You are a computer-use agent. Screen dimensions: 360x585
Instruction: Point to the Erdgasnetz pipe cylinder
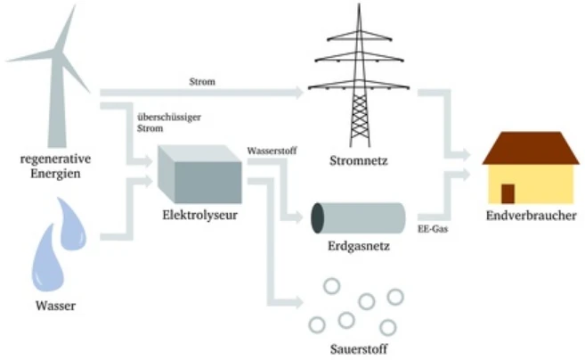point(356,217)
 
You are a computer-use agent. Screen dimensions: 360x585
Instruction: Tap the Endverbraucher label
point(531,217)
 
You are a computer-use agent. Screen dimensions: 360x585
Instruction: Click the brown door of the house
point(508,192)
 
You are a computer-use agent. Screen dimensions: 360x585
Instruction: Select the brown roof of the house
point(531,148)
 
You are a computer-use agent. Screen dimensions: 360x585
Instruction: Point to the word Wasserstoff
point(274,152)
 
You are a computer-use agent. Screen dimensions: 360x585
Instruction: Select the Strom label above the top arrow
point(202,83)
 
